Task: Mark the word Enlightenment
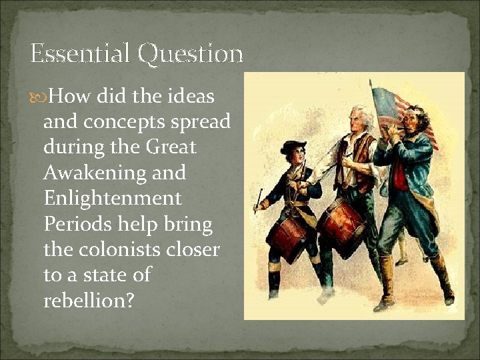click(112, 199)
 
